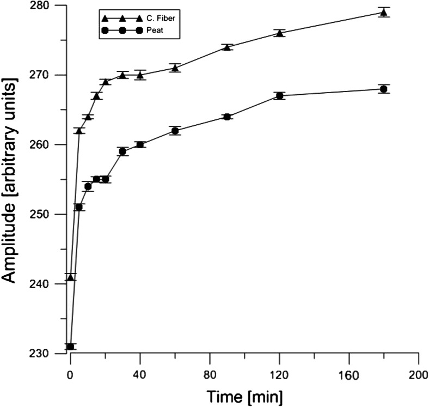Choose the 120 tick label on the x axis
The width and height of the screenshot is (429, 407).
[279, 375]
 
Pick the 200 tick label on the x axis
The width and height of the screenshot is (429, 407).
[418, 375]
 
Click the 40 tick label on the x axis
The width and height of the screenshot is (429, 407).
[140, 375]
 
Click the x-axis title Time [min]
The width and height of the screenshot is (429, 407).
[243, 395]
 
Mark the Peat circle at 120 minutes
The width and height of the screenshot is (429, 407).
[279, 96]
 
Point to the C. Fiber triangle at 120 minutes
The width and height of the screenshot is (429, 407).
[279, 33]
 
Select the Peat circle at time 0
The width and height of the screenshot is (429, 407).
[70, 347]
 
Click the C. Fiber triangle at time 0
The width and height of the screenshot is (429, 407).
[70, 277]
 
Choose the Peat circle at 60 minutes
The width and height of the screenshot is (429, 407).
[175, 131]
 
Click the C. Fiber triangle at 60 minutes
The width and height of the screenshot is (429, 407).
[175, 68]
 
